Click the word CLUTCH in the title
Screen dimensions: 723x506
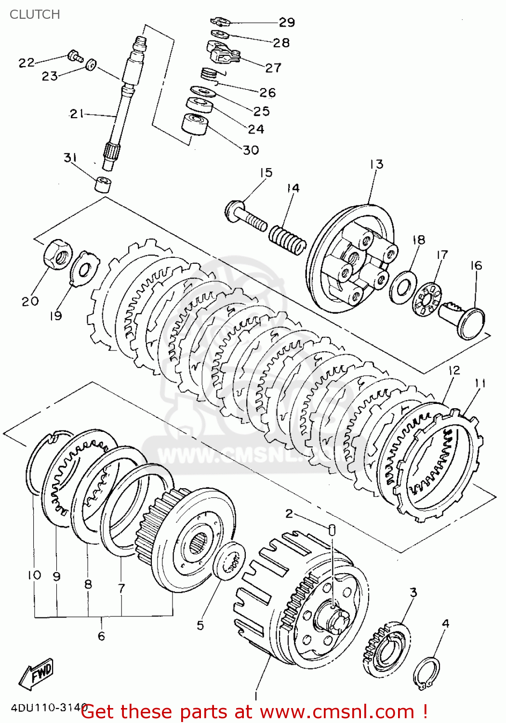click(x=35, y=14)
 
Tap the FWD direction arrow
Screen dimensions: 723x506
click(x=36, y=672)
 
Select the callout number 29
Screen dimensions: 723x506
click(x=287, y=22)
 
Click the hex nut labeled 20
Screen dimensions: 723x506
click(x=58, y=253)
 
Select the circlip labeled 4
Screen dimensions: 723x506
click(x=426, y=672)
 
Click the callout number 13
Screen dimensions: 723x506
click(x=376, y=164)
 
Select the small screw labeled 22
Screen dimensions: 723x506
click(x=74, y=56)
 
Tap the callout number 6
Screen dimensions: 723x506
click(x=101, y=636)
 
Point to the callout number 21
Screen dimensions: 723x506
click(x=76, y=114)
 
